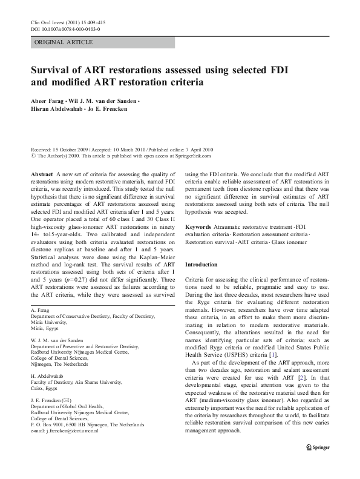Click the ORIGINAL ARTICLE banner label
click(x=64, y=42)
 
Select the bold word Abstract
click(x=41, y=174)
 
